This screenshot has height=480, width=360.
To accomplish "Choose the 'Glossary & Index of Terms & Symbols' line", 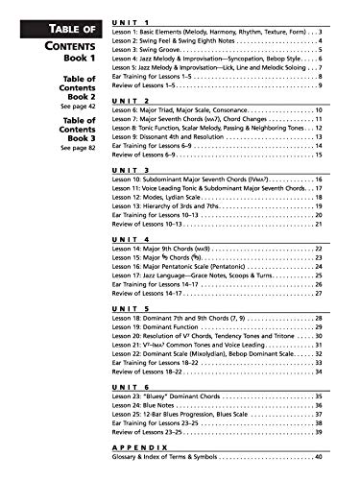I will point(173,459).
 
